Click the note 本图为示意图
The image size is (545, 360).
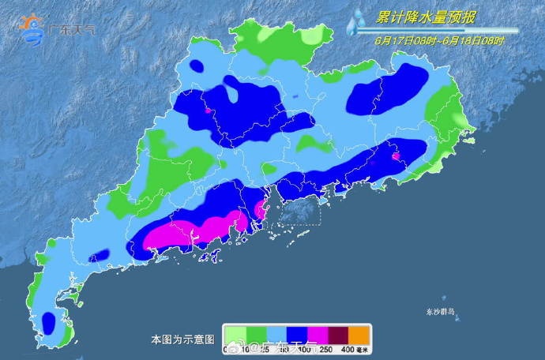coord(182,339)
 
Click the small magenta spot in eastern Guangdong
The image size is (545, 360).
coord(397,155)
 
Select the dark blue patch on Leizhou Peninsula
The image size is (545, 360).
coord(49,323)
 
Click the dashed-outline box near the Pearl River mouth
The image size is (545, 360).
coord(297,212)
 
